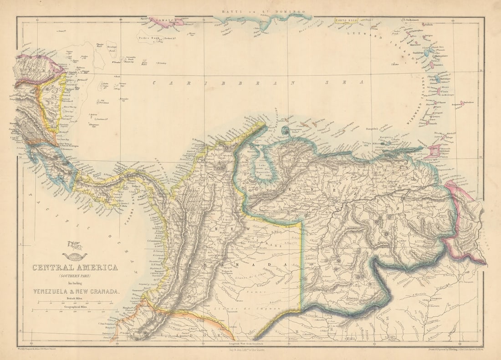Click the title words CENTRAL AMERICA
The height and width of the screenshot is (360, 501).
[75, 267]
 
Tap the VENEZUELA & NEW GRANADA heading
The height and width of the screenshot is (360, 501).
[76, 292]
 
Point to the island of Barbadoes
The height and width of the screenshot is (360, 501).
[462, 103]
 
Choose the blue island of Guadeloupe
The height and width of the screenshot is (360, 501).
[428, 52]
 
